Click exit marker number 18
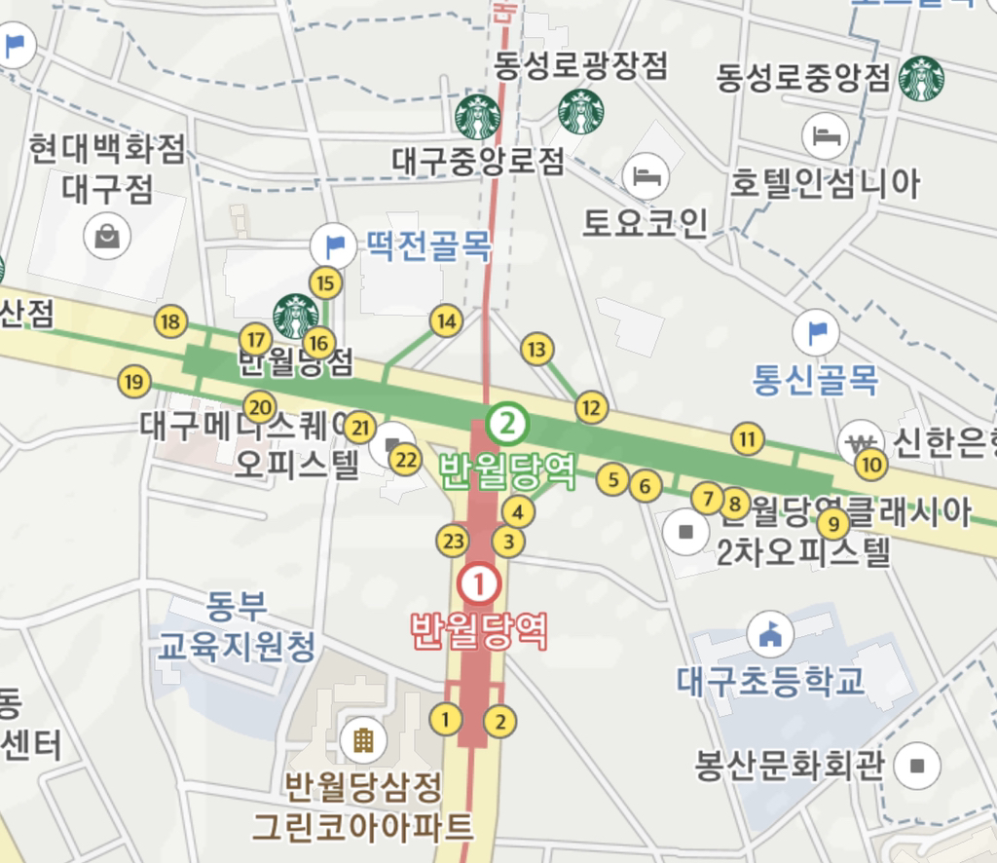coord(171,321)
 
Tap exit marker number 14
coord(446,320)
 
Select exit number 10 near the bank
coord(871,465)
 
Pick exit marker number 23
coord(453,541)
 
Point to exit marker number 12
coord(591,407)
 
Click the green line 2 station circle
coord(507,423)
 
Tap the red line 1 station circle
coord(479,584)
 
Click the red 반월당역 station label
coord(479,630)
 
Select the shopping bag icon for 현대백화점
coord(107,236)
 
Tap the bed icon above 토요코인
coord(645,175)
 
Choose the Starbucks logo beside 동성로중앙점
coord(921,78)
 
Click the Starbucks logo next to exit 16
coord(295,316)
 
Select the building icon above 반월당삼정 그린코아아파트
coord(362,741)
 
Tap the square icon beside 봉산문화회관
coord(916,766)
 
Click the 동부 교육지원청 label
coord(237,626)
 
